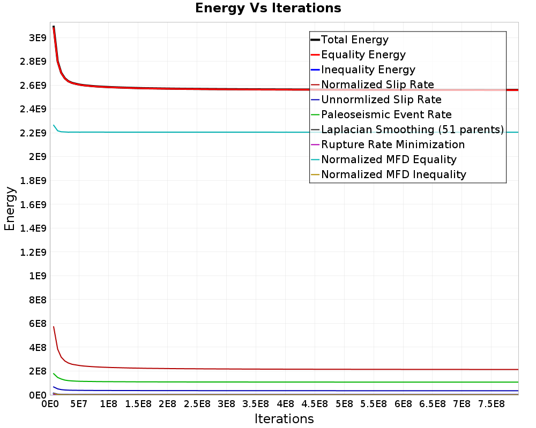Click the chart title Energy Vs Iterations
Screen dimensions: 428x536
coord(268,9)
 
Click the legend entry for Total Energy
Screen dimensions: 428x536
coord(354,40)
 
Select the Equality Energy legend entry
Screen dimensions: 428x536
coord(363,55)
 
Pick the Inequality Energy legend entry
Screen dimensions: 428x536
coord(368,70)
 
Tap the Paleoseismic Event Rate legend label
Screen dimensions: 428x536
coord(386,114)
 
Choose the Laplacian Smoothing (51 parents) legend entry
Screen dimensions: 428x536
coord(412,129)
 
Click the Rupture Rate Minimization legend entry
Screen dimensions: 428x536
coord(392,144)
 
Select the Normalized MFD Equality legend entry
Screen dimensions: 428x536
coord(389,159)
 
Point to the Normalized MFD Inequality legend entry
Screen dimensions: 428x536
coord(393,174)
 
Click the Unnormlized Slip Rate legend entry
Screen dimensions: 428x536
coord(381,100)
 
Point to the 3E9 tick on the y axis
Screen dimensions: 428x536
coord(37,37)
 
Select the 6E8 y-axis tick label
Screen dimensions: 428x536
coord(37,323)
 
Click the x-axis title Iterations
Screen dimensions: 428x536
coord(284,418)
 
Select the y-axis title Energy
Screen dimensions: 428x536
coord(10,208)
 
